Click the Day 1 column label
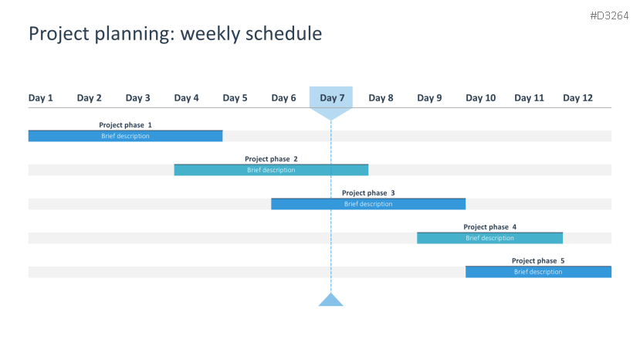40,98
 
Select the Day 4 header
186,98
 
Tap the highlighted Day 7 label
332,98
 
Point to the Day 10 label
480,98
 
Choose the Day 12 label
577,98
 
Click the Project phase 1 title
125,125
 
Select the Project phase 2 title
271,159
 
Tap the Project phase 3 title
368,193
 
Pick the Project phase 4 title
489,227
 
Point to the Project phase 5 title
538,260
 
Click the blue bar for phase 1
125,136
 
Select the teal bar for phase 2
271,170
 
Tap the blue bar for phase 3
368,204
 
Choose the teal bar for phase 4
489,238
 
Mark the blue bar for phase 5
538,272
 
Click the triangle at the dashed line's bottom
330,301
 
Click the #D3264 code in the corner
609,16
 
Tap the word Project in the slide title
59,34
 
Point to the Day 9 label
429,98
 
